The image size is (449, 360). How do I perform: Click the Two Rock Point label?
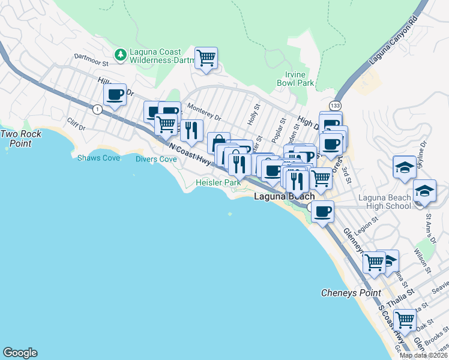20,139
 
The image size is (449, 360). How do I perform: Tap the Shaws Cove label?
98,158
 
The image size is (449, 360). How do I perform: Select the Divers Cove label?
156,159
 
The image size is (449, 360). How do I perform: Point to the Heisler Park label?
218,182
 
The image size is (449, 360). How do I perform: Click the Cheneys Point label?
351,293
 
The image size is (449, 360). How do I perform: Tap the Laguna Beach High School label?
385,202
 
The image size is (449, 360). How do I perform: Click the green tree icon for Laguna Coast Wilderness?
121,55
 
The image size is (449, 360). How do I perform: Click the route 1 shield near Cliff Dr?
96,109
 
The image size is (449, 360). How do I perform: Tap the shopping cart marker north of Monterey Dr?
206,58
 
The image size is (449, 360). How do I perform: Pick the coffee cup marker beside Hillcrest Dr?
115,95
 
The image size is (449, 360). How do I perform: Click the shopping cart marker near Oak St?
405,319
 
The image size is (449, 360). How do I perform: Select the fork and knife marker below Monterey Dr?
191,131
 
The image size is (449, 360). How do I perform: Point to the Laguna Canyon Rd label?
394,41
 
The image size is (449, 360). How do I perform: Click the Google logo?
20,353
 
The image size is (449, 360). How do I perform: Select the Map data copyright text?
423,355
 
